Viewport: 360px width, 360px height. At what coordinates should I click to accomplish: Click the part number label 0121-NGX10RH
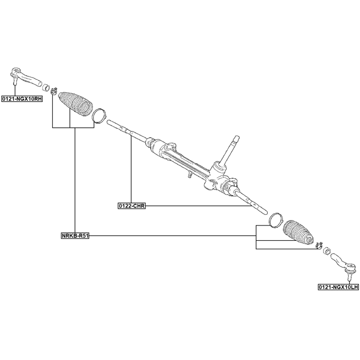click(22, 98)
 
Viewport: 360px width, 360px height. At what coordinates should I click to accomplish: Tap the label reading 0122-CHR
click(132, 206)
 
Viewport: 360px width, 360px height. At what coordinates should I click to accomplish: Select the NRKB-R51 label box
click(75, 235)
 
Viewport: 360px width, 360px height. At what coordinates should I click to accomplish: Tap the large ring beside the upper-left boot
click(99, 115)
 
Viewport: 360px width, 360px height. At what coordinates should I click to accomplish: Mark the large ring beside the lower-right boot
click(276, 219)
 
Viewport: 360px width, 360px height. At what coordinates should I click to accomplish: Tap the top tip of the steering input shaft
click(235, 138)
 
